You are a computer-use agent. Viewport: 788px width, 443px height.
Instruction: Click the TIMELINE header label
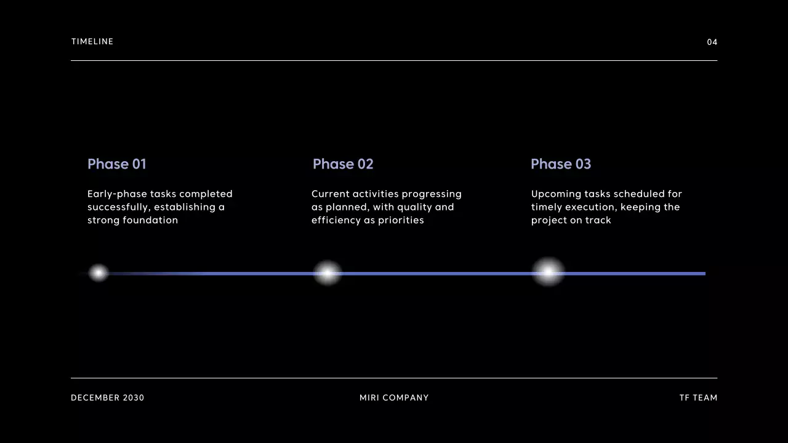click(x=92, y=42)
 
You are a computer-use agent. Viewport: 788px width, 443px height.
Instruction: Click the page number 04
click(x=712, y=42)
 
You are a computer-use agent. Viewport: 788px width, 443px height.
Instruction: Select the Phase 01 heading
click(x=117, y=164)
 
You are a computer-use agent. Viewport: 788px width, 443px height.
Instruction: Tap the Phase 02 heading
click(x=343, y=164)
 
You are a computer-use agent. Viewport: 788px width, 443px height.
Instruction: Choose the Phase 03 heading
click(x=561, y=164)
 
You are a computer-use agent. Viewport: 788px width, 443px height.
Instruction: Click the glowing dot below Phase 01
click(x=98, y=273)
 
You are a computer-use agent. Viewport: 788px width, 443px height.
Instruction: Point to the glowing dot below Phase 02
click(x=328, y=273)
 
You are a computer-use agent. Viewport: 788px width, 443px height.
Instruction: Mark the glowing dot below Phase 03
click(x=548, y=272)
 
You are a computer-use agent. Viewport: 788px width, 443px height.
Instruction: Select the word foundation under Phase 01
click(x=150, y=220)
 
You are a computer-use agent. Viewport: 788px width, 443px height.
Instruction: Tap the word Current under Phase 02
click(x=330, y=194)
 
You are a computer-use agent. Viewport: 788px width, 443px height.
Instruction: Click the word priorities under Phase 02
click(x=401, y=220)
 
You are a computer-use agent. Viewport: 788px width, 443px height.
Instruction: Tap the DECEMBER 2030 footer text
click(x=108, y=398)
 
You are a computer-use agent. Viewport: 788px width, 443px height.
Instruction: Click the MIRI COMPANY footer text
click(x=394, y=398)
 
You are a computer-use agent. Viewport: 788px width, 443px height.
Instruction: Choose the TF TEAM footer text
click(x=698, y=398)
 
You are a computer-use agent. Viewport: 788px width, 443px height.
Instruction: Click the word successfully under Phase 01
click(x=118, y=207)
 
